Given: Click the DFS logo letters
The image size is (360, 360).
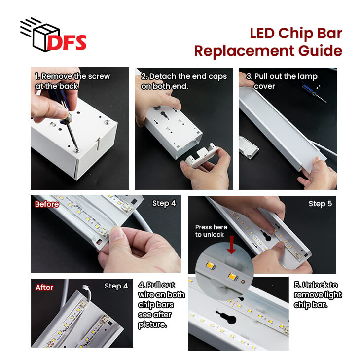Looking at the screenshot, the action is [67, 42].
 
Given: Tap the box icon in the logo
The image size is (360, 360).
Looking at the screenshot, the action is [46, 37].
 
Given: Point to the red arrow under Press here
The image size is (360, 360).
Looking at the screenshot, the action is [231, 245].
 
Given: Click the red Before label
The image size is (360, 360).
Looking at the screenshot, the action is [47, 204].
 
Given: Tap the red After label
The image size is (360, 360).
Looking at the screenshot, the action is [44, 288].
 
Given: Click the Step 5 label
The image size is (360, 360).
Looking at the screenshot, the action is [320, 204].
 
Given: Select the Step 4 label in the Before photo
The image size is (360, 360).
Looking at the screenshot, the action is [164, 203].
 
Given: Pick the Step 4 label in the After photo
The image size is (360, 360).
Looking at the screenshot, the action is [116, 286].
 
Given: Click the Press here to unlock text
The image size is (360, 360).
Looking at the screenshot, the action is [211, 231].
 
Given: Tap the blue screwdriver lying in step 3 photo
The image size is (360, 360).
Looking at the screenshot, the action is [314, 93].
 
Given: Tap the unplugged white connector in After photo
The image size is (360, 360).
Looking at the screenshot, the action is [85, 287].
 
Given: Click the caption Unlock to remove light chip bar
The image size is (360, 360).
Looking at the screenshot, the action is [318, 295].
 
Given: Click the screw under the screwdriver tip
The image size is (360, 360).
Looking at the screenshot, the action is [76, 150].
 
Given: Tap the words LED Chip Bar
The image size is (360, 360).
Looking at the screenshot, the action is [296, 33].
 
